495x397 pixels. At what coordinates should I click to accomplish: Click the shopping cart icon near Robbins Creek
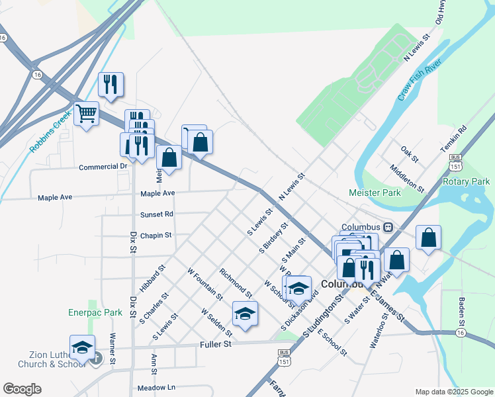[x=86, y=114]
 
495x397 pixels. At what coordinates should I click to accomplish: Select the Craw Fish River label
[x=420, y=82]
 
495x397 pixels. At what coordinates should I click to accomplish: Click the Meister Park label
[x=375, y=193]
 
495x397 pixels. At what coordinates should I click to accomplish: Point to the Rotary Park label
[x=466, y=181]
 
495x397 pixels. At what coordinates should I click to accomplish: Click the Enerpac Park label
[x=95, y=312]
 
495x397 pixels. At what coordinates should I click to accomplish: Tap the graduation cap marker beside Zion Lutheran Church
[x=82, y=347]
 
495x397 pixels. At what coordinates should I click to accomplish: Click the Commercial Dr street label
[x=103, y=167]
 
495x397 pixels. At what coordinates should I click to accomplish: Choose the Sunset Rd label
[x=156, y=214]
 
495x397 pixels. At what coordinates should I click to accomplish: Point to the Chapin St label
[x=156, y=235]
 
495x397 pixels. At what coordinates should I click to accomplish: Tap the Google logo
[x=22, y=389]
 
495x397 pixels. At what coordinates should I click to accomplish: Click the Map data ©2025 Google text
[x=453, y=391]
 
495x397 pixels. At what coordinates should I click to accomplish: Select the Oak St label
[x=410, y=155]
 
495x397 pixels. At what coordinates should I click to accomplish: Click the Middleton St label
[x=406, y=177]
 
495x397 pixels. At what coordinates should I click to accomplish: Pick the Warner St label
[x=113, y=349]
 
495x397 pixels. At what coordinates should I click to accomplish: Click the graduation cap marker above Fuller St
[x=245, y=314]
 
